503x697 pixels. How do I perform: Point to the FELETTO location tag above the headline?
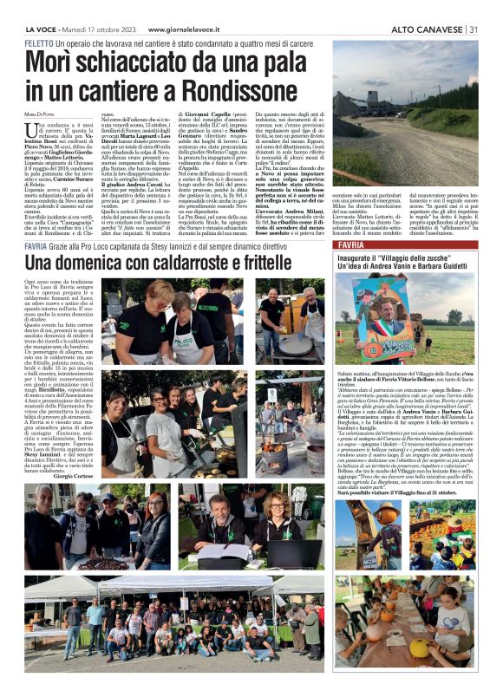pos(39,42)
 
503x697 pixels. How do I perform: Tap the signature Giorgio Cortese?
pos(75,475)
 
